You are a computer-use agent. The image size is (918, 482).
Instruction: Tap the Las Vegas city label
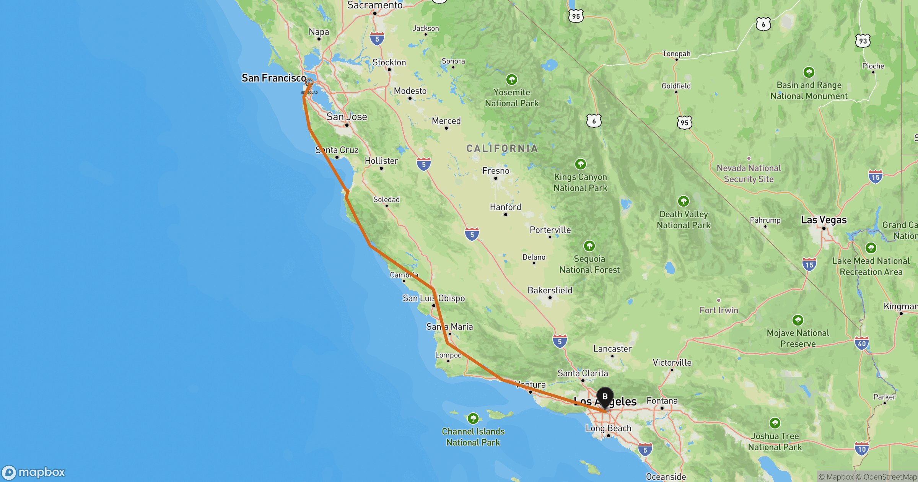tap(824, 220)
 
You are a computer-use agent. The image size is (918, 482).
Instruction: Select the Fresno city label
tap(496, 171)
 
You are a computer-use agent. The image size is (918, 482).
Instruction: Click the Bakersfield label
tap(550, 290)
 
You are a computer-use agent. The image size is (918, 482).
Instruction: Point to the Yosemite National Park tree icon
tap(511, 80)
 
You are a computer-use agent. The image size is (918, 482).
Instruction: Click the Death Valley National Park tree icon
tap(683, 201)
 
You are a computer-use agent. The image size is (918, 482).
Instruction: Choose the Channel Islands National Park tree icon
tap(473, 418)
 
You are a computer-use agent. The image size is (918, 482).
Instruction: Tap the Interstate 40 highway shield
tap(861, 343)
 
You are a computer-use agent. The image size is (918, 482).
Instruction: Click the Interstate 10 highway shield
tap(861, 449)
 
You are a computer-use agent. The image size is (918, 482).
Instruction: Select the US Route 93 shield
tap(863, 41)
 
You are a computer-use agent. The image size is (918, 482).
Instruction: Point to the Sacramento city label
tap(374, 5)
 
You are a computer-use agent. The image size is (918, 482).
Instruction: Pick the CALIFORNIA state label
tap(502, 148)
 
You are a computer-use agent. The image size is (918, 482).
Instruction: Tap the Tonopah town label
tap(676, 54)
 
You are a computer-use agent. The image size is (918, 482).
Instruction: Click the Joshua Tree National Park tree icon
tap(775, 423)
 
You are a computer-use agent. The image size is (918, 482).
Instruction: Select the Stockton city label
tap(389, 62)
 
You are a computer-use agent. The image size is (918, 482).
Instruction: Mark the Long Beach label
tap(608, 428)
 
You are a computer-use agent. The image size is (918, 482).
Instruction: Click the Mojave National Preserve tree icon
tap(798, 320)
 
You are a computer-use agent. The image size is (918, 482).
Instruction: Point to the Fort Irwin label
tap(719, 310)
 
